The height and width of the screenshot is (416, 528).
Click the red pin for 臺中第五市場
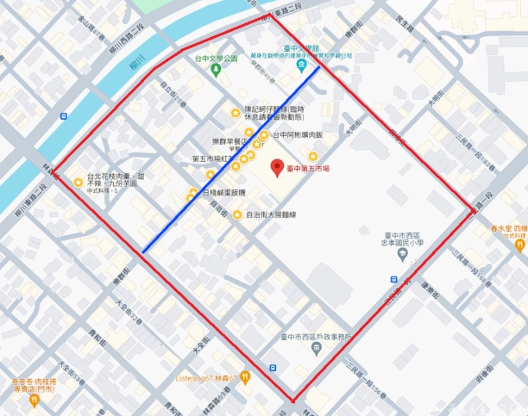(x=276, y=167)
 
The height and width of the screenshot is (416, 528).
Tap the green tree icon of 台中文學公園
(x=217, y=69)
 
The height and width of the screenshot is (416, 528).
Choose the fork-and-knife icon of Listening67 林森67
(x=246, y=376)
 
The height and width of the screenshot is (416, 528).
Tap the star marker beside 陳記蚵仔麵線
(x=235, y=111)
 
